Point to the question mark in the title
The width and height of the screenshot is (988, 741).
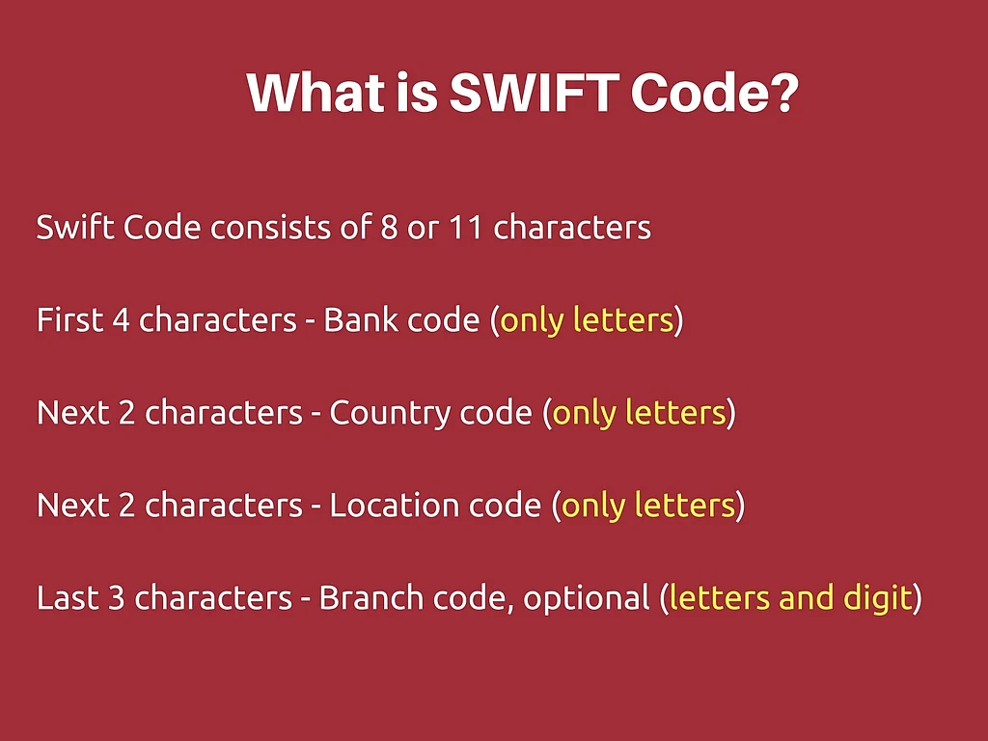pos(782,94)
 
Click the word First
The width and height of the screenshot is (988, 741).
pos(70,320)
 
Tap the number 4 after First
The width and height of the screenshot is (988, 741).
pos(122,320)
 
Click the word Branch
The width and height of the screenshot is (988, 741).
pos(372,598)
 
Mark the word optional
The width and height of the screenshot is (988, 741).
pos(586,598)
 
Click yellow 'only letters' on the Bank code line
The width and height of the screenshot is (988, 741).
pos(586,320)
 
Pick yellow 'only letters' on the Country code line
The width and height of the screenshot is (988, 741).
pos(639,413)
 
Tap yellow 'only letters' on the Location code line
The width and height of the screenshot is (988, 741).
pos(647,506)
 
